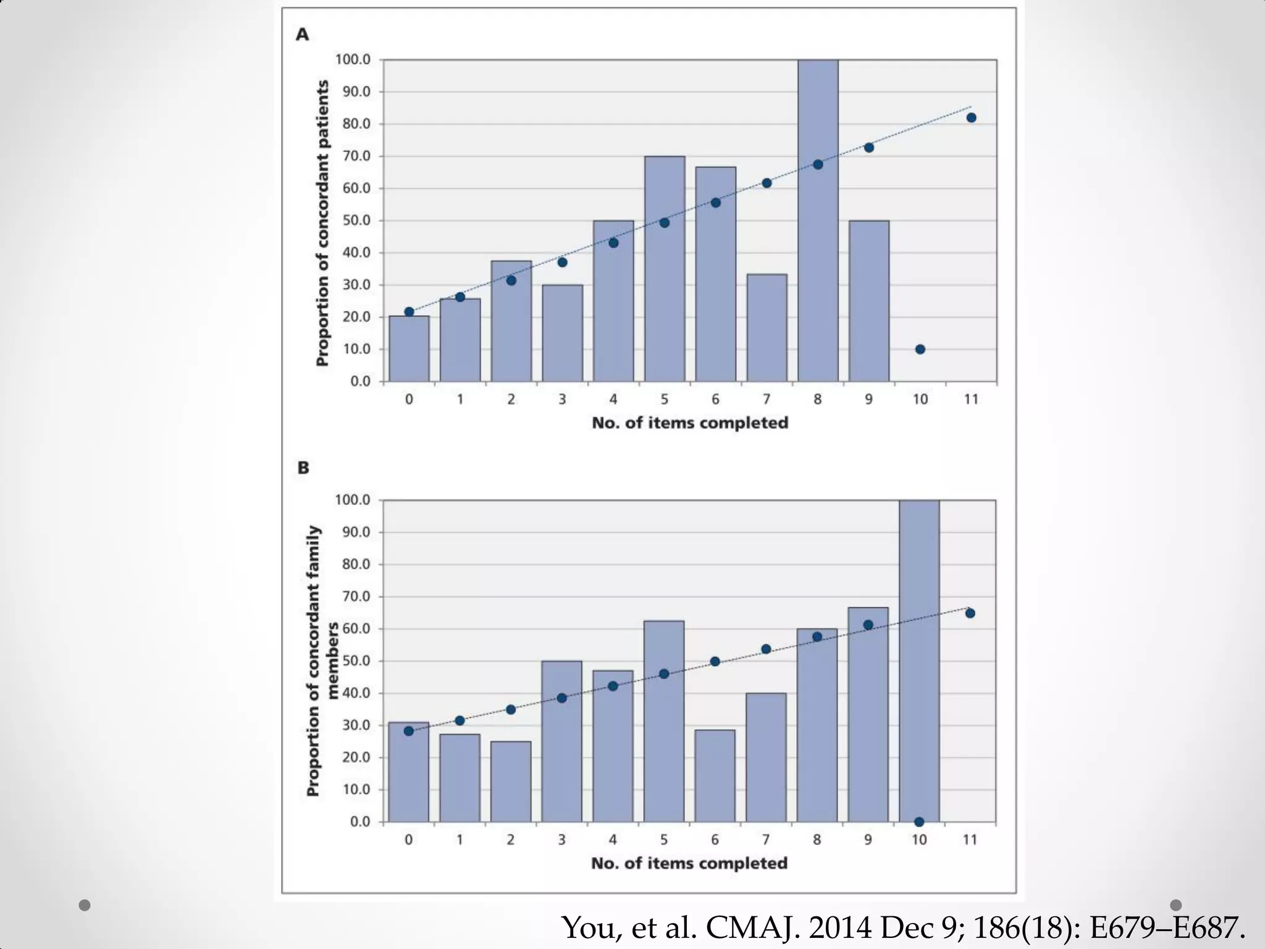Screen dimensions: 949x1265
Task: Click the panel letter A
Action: coord(302,35)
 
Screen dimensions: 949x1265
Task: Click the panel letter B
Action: coord(303,468)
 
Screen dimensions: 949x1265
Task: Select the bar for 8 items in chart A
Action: coord(817,247)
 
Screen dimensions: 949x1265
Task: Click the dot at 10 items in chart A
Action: coord(920,349)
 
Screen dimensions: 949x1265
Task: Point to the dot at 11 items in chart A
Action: coord(971,118)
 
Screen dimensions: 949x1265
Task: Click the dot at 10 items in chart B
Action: coord(919,822)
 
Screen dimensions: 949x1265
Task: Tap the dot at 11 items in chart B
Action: coord(970,613)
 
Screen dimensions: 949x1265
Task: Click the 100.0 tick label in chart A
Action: coord(353,60)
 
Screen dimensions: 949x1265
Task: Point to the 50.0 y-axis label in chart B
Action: coord(353,661)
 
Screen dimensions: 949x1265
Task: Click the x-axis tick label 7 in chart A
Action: coord(766,400)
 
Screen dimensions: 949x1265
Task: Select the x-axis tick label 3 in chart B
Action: coord(561,840)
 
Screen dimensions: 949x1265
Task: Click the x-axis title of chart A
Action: coord(690,423)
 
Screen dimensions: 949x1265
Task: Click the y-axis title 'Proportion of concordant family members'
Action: coord(322,661)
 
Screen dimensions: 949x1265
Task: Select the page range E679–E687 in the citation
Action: coord(1167,927)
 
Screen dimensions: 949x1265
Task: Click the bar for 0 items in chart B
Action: coord(408,772)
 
